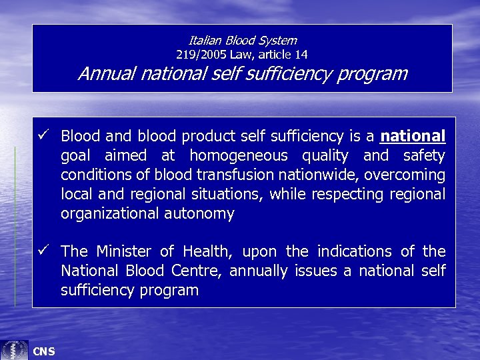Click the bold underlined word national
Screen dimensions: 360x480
(412, 137)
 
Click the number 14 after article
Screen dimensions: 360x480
(301, 54)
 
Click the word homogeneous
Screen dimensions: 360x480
(239, 156)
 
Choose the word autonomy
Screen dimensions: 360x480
(202, 214)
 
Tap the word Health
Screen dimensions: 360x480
(201, 251)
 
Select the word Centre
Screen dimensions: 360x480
(194, 271)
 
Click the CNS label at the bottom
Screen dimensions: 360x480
(44, 351)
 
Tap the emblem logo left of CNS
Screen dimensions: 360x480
(14, 349)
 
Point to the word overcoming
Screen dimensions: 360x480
(406, 175)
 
